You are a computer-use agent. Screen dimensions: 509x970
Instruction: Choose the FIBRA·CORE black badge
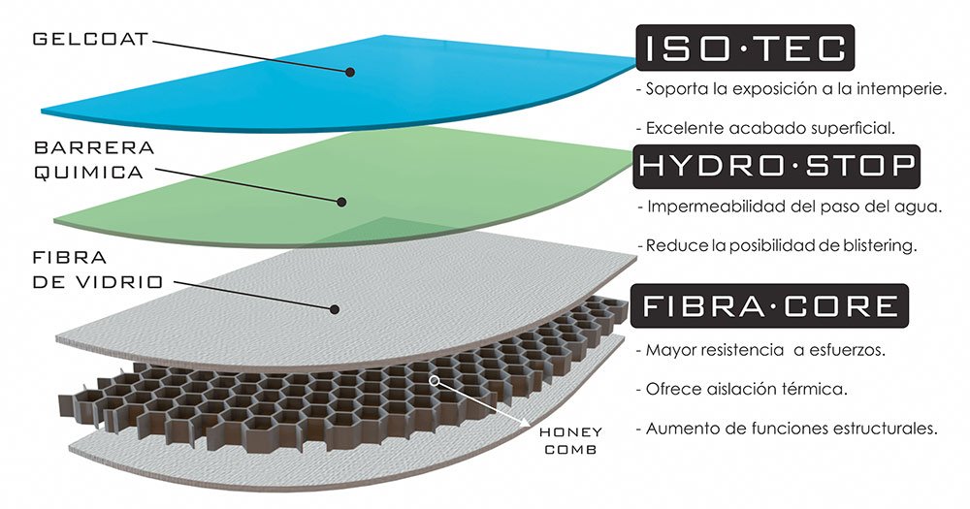point(769,307)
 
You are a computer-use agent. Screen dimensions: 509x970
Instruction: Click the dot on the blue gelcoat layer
point(351,71)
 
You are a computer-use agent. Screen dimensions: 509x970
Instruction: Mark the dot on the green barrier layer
point(342,202)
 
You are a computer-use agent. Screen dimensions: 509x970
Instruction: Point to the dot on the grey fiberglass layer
point(333,309)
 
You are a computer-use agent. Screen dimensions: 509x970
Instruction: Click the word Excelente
point(681,127)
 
